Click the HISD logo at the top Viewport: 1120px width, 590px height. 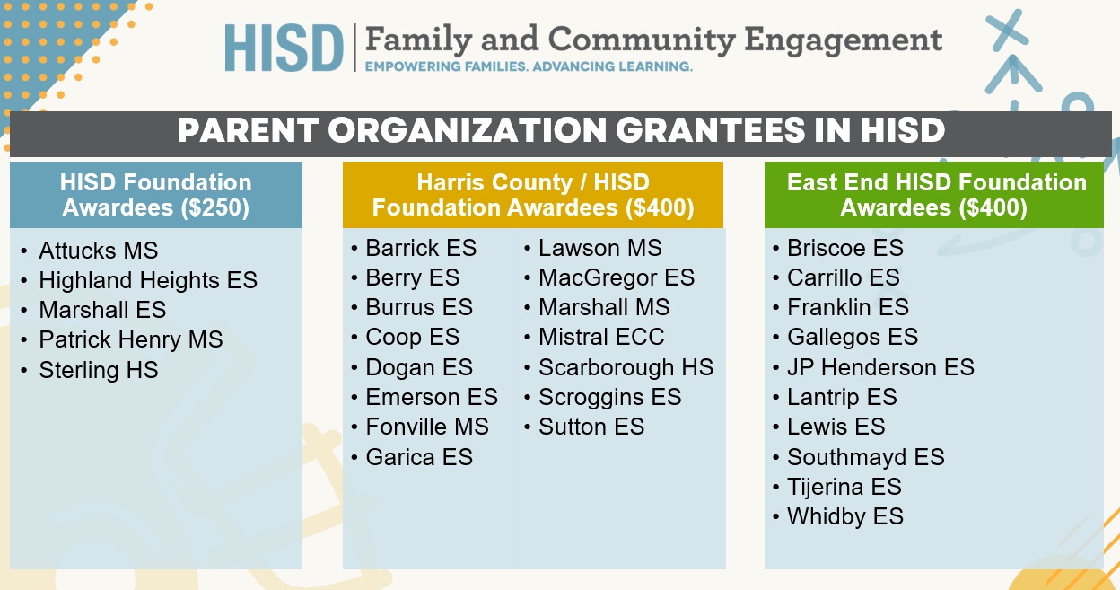(x=284, y=48)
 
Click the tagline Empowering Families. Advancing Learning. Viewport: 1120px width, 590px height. (x=529, y=66)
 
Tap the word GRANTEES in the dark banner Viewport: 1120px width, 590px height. (x=711, y=130)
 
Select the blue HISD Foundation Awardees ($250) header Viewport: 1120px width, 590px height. (x=156, y=195)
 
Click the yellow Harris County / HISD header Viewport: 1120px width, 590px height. (x=533, y=195)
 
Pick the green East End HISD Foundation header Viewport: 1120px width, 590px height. (x=934, y=195)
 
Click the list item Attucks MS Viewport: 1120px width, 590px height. (x=99, y=251)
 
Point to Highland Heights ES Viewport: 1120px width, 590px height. (x=148, y=280)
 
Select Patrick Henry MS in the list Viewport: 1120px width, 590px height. (x=131, y=339)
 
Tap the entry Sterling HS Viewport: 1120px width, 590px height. (x=99, y=370)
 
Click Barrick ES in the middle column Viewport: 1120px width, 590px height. (x=421, y=248)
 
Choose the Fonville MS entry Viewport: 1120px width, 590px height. (x=427, y=427)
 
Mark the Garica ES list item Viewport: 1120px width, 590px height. (x=419, y=457)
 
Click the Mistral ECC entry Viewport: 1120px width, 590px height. (x=601, y=337)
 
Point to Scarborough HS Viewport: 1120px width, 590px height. (x=626, y=367)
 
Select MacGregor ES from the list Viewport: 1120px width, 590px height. (x=617, y=277)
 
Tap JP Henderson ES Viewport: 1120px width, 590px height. (x=881, y=367)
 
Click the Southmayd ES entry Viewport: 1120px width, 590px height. (x=866, y=457)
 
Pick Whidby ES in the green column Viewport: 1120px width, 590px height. (x=845, y=516)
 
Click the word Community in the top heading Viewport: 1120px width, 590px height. (x=642, y=40)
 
